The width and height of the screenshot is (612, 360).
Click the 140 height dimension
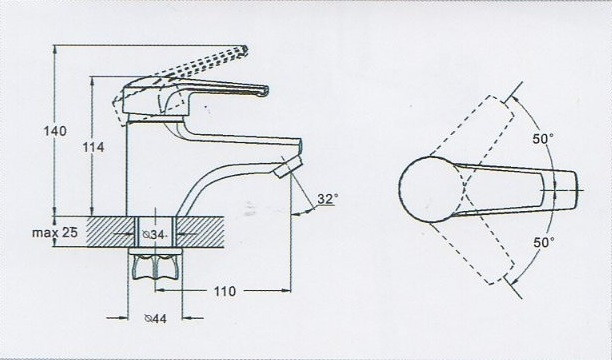(x=56, y=131)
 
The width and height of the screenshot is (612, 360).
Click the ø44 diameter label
(x=155, y=319)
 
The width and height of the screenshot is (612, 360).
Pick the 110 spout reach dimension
(x=224, y=292)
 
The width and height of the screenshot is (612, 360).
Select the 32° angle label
(x=327, y=199)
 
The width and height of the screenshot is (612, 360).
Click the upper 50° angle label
(x=542, y=140)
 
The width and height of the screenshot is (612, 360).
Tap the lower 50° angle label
(x=542, y=243)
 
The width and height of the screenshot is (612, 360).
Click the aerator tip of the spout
(x=288, y=167)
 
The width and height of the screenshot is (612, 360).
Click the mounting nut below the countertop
(x=155, y=267)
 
